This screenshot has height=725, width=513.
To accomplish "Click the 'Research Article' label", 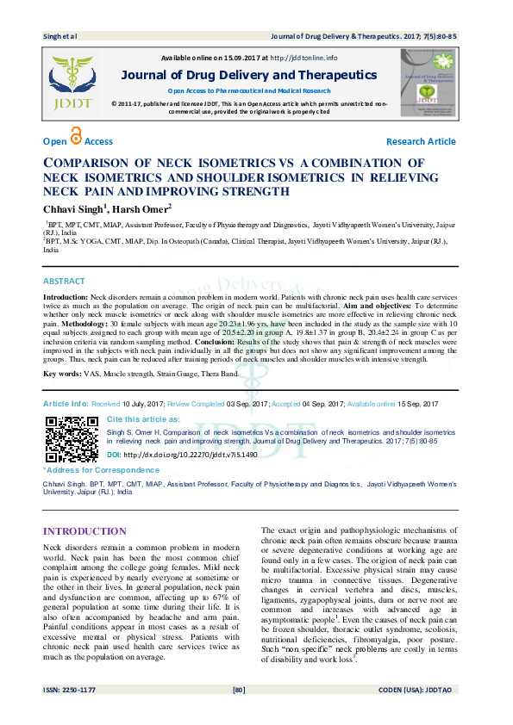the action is pyautogui.click(x=421, y=141).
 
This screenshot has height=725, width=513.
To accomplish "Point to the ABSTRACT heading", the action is pyautogui.click(x=64, y=282).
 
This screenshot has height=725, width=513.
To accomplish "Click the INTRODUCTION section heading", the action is pyautogui.click(x=84, y=531).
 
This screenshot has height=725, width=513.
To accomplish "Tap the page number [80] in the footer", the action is pyautogui.click(x=240, y=714).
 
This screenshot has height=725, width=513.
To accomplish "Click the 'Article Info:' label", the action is pyautogui.click(x=66, y=404).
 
